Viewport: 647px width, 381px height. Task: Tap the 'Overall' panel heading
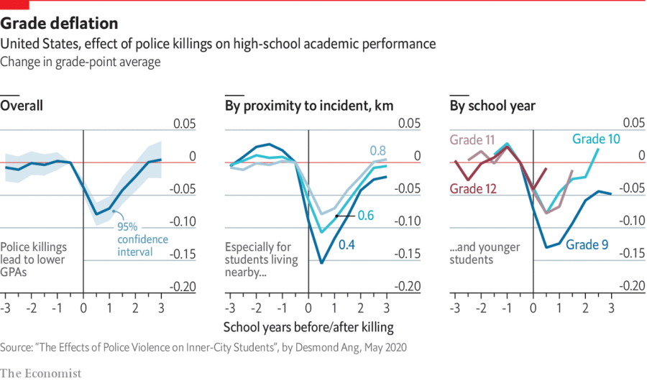(x=22, y=106)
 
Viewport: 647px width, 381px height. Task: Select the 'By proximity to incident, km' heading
(x=309, y=106)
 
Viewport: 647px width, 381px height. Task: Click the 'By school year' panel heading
(x=492, y=106)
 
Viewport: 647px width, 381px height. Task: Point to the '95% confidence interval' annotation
(x=143, y=239)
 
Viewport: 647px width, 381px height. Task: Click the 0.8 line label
(x=377, y=150)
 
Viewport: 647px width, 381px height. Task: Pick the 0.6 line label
(x=366, y=216)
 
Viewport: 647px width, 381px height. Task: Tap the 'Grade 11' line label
(x=472, y=140)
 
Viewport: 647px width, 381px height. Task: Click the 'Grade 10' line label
(x=596, y=139)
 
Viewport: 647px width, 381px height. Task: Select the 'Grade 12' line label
(x=472, y=189)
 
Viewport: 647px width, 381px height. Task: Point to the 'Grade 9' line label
(x=587, y=245)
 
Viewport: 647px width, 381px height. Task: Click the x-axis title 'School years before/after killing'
(x=308, y=327)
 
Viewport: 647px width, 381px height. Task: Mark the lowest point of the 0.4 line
(x=321, y=263)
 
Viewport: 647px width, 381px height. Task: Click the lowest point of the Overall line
(x=96, y=214)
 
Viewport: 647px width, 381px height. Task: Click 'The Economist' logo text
(x=41, y=372)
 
